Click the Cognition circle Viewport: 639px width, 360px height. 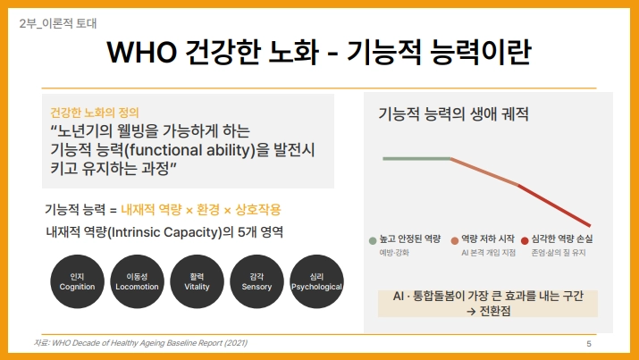pyautogui.click(x=78, y=281)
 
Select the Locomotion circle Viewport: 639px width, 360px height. pyautogui.click(x=137, y=281)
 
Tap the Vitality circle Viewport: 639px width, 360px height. pyautogui.click(x=197, y=281)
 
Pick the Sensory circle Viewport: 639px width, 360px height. pyautogui.click(x=256, y=281)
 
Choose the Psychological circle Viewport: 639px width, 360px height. pyautogui.click(x=316, y=281)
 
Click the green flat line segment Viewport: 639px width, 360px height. pyautogui.click(x=416, y=158)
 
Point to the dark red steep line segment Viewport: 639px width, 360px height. pyautogui.click(x=554, y=205)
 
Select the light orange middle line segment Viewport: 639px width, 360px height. pyautogui.click(x=484, y=172)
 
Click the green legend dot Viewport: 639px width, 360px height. pyautogui.click(x=373, y=240)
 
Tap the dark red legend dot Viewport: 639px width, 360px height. pyautogui.click(x=525, y=240)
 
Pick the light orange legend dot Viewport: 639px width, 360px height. pyautogui.click(x=455, y=240)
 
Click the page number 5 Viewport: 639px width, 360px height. pyautogui.click(x=589, y=344)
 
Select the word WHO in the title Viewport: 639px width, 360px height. pyautogui.click(x=142, y=52)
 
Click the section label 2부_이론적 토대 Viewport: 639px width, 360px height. pyautogui.click(x=58, y=23)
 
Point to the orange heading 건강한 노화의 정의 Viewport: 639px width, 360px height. pyautogui.click(x=95, y=113)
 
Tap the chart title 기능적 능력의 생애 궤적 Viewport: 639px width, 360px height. pyautogui.click(x=454, y=113)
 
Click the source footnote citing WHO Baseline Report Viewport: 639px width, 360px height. pyautogui.click(x=140, y=343)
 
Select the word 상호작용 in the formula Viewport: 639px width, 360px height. pyautogui.click(x=258, y=210)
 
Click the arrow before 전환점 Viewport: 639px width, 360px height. pyautogui.click(x=471, y=312)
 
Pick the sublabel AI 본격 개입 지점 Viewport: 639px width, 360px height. pyautogui.click(x=488, y=253)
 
